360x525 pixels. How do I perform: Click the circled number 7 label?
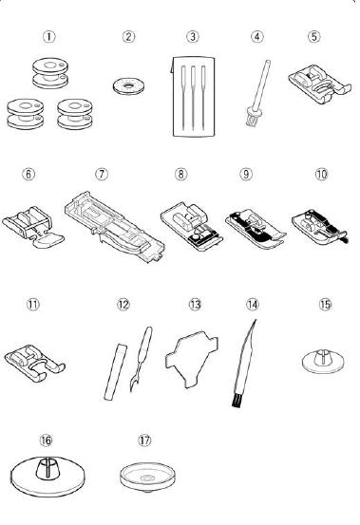[102, 174]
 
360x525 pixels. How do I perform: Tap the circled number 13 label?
[195, 305]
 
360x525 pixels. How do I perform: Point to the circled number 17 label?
[144, 440]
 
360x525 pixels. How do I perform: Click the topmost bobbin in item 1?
[50, 73]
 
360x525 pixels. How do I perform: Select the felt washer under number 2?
[128, 86]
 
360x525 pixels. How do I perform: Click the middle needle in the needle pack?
[193, 98]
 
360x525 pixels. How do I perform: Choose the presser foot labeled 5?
[319, 84]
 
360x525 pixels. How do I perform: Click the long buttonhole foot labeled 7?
[115, 227]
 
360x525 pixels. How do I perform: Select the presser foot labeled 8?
[192, 226]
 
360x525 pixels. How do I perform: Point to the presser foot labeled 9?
[256, 229]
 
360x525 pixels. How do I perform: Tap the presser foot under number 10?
[320, 227]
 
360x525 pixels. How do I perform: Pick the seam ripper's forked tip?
[133, 385]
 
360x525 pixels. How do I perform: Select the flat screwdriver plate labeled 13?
[192, 358]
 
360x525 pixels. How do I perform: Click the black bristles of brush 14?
[237, 403]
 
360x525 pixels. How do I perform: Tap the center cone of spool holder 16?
[47, 467]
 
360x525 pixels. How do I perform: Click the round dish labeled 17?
[147, 477]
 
